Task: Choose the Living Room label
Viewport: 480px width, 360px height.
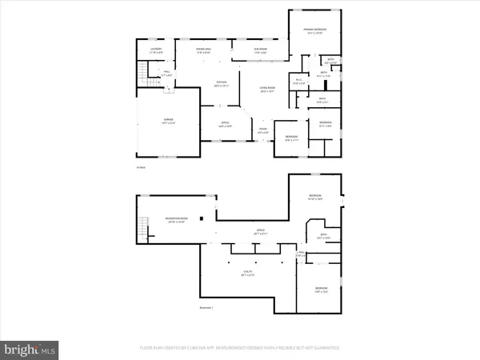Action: click(x=266, y=90)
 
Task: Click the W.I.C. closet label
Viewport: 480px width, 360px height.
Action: click(x=298, y=80)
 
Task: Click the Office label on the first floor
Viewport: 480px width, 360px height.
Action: click(x=226, y=124)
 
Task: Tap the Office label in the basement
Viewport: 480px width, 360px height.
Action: click(x=260, y=232)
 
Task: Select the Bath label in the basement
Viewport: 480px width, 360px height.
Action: click(x=323, y=236)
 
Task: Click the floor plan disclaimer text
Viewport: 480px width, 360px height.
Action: click(x=240, y=348)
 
